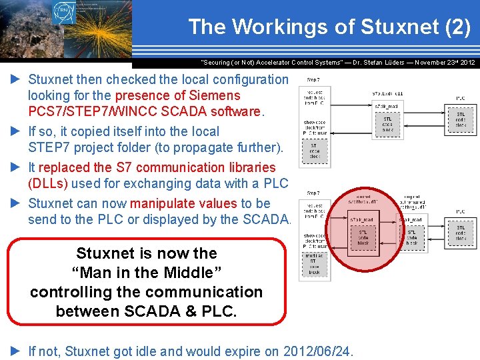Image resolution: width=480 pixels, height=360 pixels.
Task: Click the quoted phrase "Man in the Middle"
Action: pos(146,273)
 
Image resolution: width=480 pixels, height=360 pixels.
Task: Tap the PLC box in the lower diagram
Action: pos(461,229)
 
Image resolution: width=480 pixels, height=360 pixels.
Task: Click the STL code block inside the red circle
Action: pos(363,237)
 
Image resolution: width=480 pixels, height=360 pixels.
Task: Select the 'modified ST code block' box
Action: pos(314,264)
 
